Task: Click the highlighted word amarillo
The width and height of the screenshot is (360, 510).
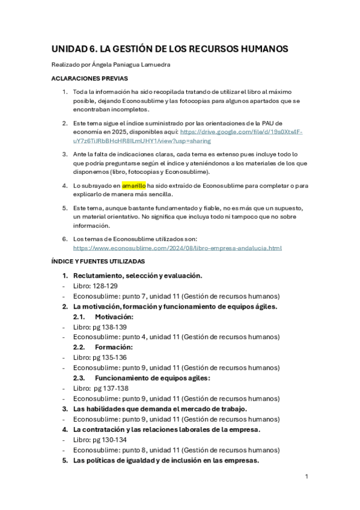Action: point(133,186)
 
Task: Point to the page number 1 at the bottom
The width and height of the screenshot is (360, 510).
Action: point(307,476)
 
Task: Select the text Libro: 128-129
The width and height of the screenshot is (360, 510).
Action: point(95,286)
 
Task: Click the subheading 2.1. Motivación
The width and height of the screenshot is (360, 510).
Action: point(103,316)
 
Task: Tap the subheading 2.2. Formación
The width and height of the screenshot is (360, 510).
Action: point(103,347)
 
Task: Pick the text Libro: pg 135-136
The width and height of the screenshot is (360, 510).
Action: point(100,357)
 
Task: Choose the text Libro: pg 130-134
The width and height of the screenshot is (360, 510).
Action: point(100,440)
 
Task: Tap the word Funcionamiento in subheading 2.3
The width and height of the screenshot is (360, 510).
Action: point(125,378)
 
